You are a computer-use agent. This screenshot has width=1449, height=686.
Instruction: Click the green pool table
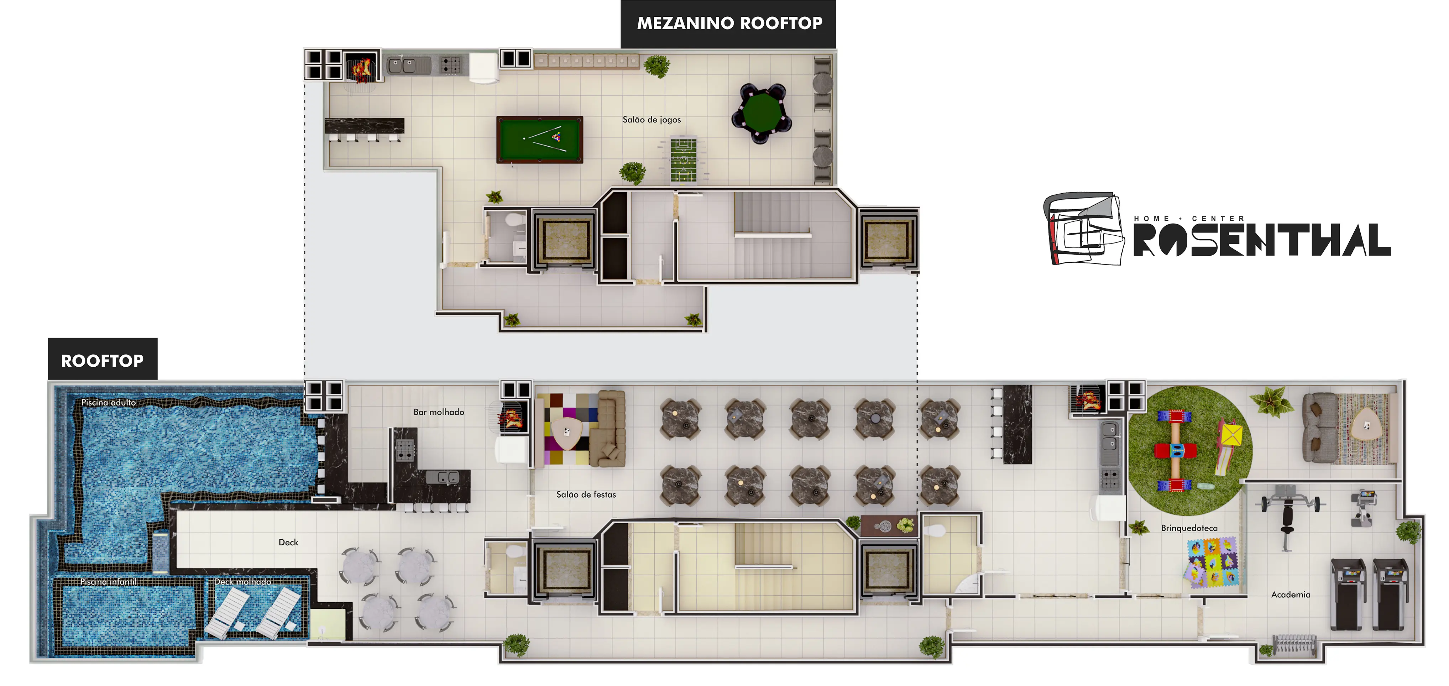(x=539, y=140)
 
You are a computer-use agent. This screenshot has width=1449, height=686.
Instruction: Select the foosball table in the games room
(x=684, y=159)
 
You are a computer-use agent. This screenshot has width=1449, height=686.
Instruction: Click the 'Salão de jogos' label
(x=652, y=120)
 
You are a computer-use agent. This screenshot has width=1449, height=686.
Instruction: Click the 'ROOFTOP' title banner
(x=103, y=360)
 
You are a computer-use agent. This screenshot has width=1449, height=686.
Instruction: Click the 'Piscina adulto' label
(x=109, y=403)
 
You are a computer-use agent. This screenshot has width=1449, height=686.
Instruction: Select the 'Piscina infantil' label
(x=109, y=581)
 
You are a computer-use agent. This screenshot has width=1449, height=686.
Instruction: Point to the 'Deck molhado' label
(x=242, y=581)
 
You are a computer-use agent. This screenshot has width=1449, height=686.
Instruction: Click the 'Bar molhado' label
(x=439, y=412)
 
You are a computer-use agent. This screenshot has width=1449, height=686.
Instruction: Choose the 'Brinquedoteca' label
(x=1189, y=528)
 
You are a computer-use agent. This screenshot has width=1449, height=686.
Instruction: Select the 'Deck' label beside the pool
(x=289, y=543)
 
